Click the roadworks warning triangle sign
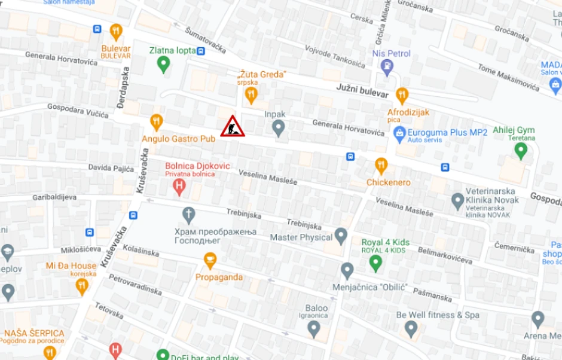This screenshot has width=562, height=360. pyautogui.click(x=231, y=127)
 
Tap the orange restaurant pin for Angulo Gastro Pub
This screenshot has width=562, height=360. pyautogui.click(x=157, y=122)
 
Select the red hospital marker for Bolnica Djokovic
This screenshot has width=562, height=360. pyautogui.click(x=179, y=188)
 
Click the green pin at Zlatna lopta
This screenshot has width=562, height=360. pyautogui.click(x=163, y=65)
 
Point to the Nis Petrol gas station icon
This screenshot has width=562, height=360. pyautogui.click(x=387, y=67)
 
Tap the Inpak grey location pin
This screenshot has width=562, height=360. pyautogui.click(x=278, y=127)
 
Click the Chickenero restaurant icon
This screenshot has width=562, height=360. pyautogui.click(x=381, y=166)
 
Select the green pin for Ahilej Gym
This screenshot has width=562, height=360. pyautogui.click(x=521, y=150)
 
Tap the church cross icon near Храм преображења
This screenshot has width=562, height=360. pyautogui.click(x=189, y=214)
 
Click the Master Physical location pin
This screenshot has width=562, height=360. pyautogui.click(x=341, y=236)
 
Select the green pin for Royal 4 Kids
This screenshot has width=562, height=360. pyautogui.click(x=375, y=262)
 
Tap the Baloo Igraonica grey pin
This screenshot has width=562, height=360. pyautogui.click(x=314, y=328)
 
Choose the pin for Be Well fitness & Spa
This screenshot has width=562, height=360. pyautogui.click(x=411, y=328)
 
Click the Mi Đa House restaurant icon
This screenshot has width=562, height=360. pyautogui.click(x=82, y=287)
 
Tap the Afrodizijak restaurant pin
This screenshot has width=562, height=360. pyautogui.click(x=402, y=96)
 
